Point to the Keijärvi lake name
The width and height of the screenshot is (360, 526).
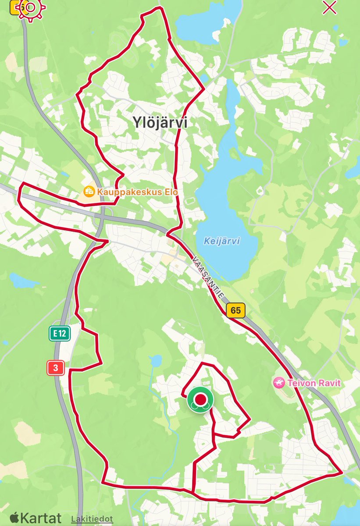(222, 241)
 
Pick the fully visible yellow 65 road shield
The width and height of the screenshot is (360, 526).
(235, 310)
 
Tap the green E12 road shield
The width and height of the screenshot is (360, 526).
(60, 334)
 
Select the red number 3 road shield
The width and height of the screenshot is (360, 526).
(56, 368)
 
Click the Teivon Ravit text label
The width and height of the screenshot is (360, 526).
(314, 383)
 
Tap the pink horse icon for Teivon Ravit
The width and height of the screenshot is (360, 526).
(278, 383)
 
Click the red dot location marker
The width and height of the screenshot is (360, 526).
(200, 399)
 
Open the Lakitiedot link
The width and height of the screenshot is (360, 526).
(92, 519)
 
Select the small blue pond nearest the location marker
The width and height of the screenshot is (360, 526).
(155, 361)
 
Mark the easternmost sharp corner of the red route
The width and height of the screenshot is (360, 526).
(342, 473)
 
